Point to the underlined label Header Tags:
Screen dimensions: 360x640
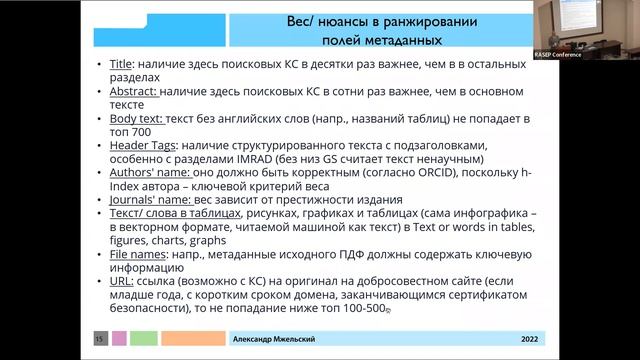(x=145, y=146)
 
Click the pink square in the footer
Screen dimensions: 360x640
(x=120, y=339)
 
